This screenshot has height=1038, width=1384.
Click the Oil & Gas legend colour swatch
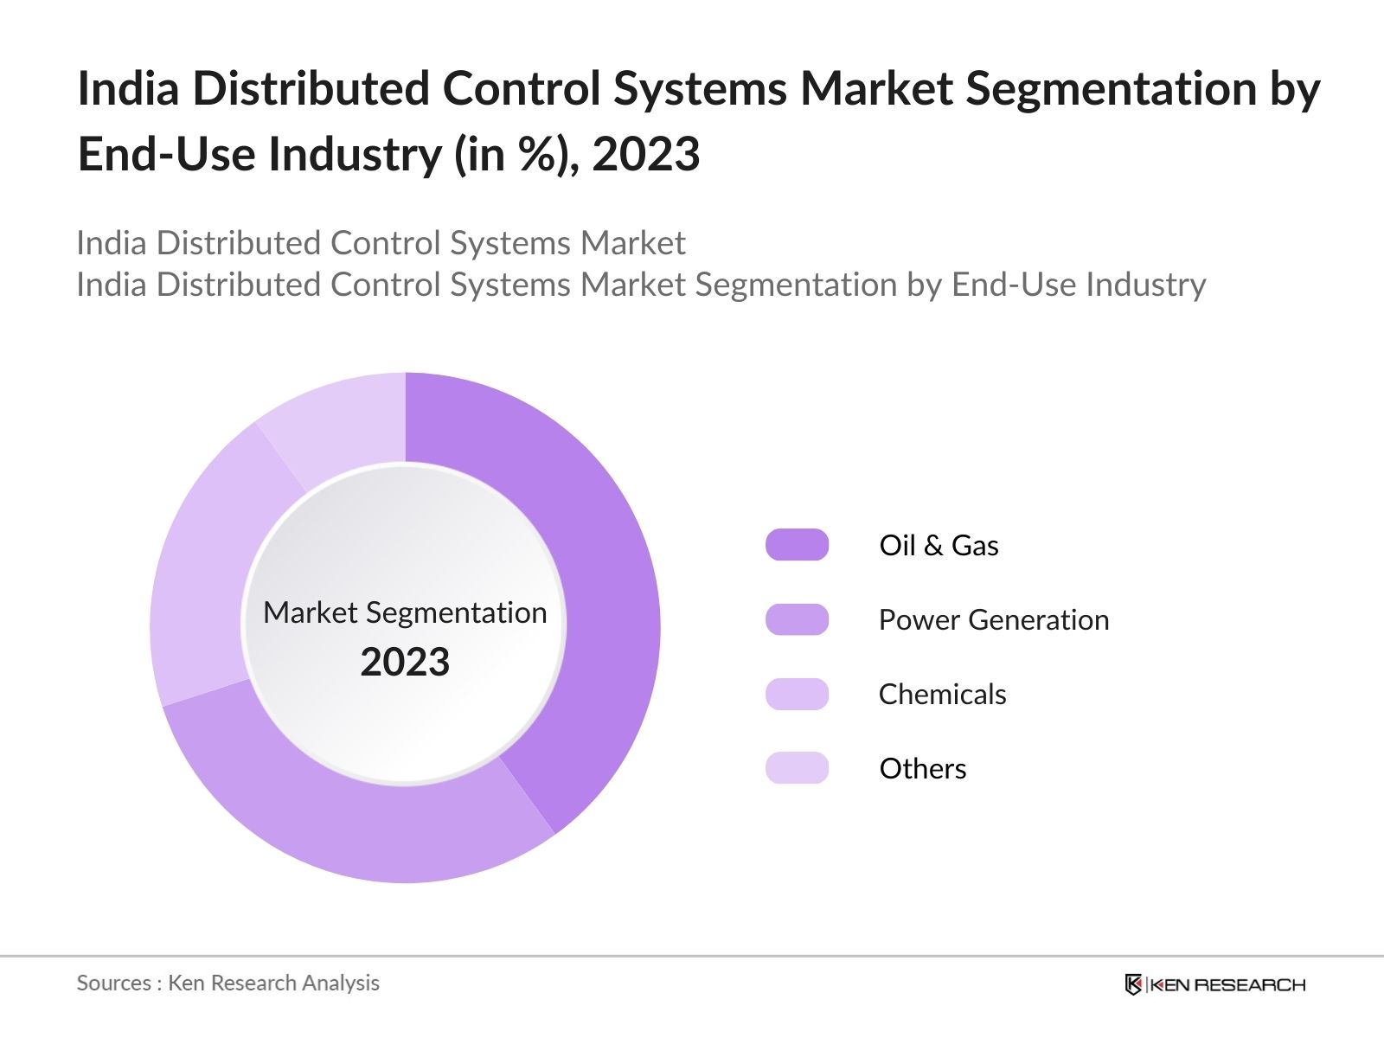click(x=797, y=545)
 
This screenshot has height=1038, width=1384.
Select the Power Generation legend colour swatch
click(x=797, y=619)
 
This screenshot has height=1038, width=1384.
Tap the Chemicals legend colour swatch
click(x=797, y=694)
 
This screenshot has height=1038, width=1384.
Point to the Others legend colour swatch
click(x=797, y=768)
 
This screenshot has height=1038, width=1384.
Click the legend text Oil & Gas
click(x=939, y=546)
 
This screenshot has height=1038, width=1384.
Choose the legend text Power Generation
click(x=993, y=620)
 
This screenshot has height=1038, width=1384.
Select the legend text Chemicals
click(x=942, y=695)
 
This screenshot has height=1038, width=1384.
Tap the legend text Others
click(x=922, y=769)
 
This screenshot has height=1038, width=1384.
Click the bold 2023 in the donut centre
click(x=405, y=663)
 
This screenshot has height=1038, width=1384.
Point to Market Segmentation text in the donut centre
click(x=405, y=612)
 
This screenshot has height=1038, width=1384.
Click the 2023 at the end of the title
click(x=645, y=155)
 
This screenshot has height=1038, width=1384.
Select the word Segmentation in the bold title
click(x=1110, y=89)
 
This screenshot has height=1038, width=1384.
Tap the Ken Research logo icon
click(x=1133, y=984)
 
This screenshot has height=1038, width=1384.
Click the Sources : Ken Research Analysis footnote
click(x=227, y=983)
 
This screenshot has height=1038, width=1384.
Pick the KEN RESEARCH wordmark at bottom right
click(x=1227, y=984)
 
